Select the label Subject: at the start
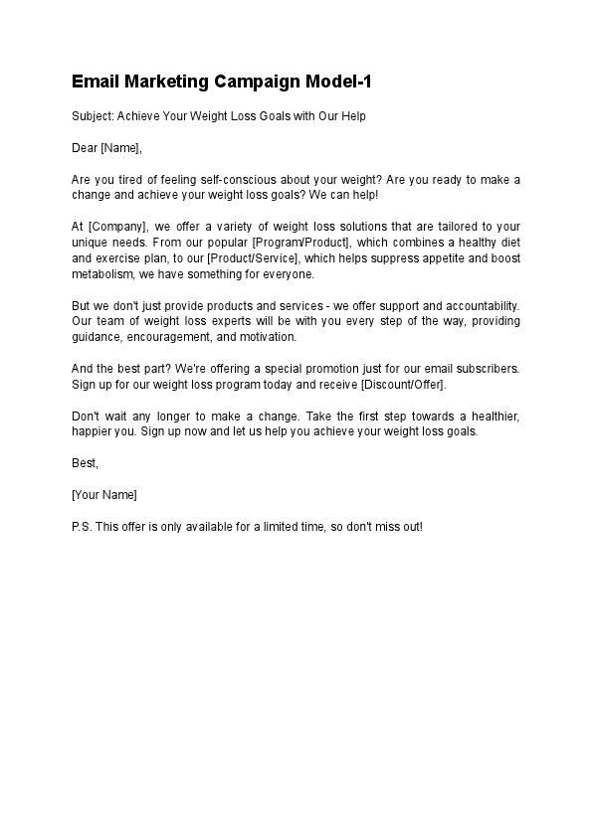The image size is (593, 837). [93, 116]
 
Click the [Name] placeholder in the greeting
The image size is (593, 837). [121, 148]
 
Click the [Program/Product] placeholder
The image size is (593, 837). [299, 243]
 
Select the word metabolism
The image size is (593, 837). [103, 274]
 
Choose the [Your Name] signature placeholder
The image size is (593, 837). [104, 494]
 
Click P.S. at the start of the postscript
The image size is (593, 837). [82, 526]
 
